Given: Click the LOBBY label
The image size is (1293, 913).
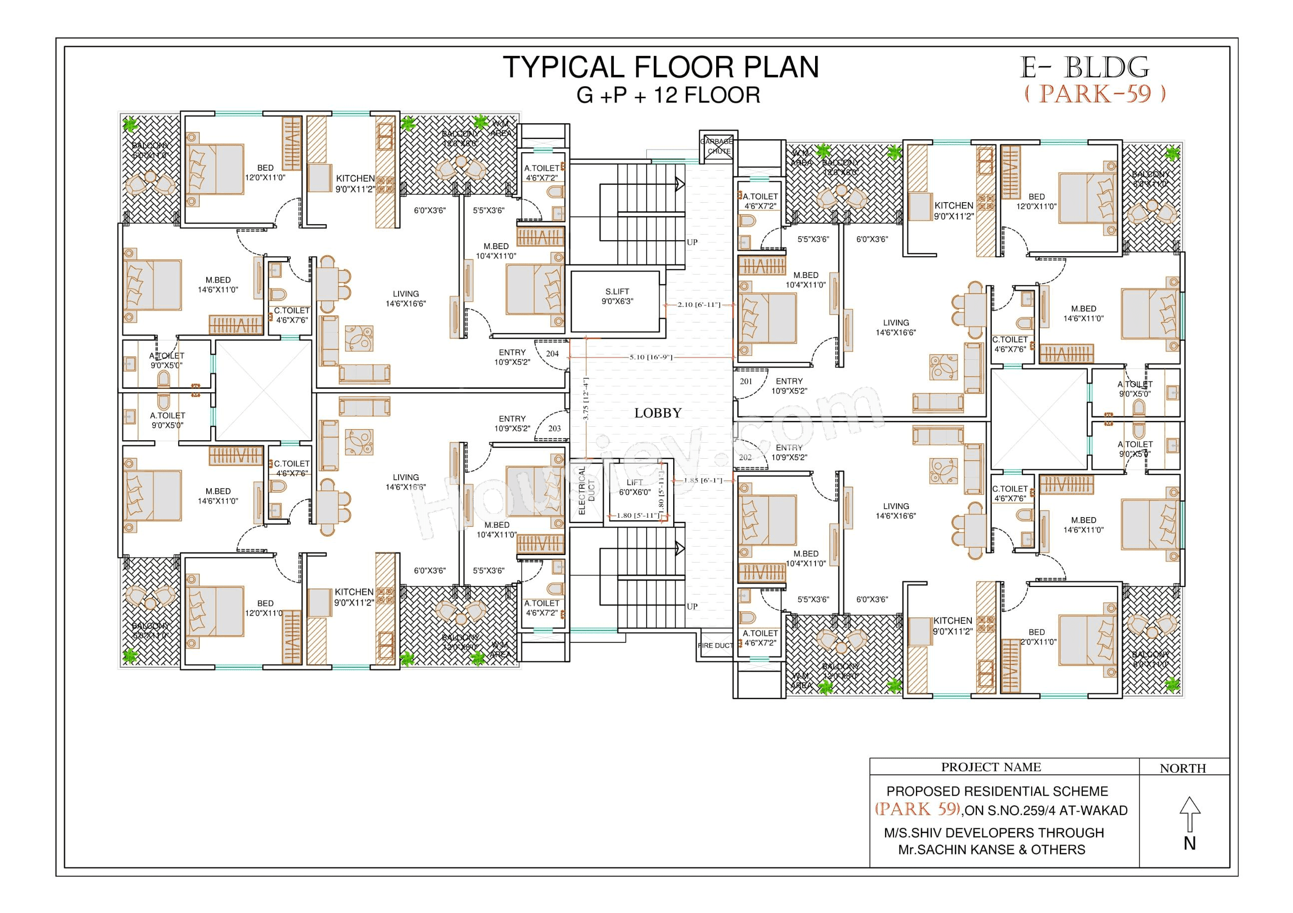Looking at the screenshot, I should point(658,413).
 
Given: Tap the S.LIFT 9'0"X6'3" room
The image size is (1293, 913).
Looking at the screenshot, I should point(617,297).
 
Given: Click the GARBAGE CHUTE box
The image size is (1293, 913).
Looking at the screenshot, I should point(718,146).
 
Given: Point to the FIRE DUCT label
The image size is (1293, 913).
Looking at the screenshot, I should point(715,645).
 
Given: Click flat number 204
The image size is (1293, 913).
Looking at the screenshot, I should point(552,354).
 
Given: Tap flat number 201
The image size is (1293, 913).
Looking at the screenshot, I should point(746,381).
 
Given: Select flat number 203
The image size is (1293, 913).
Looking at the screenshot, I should point(554,428).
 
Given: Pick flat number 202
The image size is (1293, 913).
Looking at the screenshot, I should point(745,458).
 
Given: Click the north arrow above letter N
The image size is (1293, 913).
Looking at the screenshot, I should point(1190,814).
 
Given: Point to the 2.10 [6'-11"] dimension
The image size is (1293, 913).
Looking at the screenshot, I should point(698,304).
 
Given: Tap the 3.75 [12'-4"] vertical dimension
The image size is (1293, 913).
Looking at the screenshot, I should point(586,399).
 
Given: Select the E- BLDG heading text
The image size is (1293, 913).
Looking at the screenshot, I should point(1084,68).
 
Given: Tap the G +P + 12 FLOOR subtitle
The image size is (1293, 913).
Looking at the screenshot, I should point(668,95).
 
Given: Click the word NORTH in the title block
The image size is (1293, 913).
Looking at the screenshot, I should point(1183,768).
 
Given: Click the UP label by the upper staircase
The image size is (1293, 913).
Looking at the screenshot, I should point(692,242).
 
